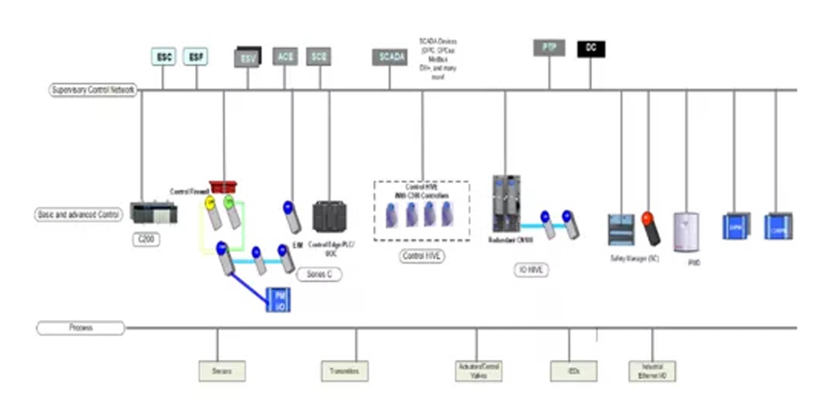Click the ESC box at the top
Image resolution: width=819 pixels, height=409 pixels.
(x=164, y=57)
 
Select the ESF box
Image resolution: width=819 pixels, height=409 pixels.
(x=196, y=57)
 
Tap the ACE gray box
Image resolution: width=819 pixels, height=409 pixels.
(x=285, y=57)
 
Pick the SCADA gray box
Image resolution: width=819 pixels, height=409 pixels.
(x=390, y=57)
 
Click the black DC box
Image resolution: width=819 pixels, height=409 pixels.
(x=591, y=49)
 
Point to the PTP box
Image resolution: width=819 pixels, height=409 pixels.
(x=549, y=48)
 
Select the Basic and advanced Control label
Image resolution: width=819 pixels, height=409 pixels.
(x=78, y=215)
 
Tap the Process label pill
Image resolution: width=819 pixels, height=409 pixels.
(x=80, y=328)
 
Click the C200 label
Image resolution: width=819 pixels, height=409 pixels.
(x=146, y=239)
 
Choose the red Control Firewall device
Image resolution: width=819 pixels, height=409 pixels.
(x=223, y=187)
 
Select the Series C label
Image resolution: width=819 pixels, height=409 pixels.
(x=319, y=274)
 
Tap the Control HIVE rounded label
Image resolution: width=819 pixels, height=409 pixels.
(x=421, y=256)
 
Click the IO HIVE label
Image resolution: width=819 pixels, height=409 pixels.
(x=531, y=270)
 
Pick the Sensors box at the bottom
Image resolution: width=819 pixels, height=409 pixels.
(x=222, y=371)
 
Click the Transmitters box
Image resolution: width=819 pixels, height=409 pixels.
(x=345, y=371)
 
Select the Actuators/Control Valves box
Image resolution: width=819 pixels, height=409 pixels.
(x=479, y=371)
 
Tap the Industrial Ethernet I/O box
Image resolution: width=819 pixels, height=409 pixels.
(x=652, y=371)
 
